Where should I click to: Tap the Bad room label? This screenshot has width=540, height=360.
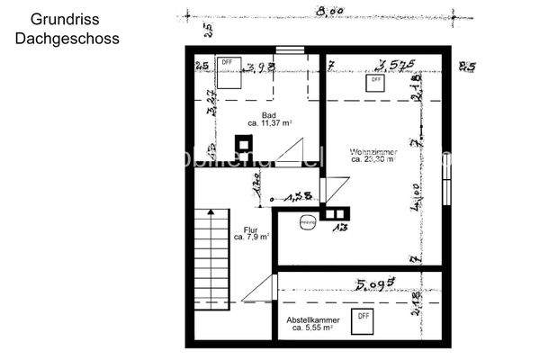(x=268, y=115)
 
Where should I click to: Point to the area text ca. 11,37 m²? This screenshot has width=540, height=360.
(x=268, y=124)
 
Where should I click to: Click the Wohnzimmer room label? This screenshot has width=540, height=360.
(x=373, y=152)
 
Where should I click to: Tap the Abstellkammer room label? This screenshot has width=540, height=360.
(x=312, y=320)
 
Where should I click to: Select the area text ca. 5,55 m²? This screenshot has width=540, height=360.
(x=312, y=329)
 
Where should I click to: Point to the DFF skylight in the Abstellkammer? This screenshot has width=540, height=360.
(x=363, y=318)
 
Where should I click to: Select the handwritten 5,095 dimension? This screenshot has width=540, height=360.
(x=376, y=285)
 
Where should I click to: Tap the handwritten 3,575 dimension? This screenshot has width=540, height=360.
(x=396, y=64)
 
